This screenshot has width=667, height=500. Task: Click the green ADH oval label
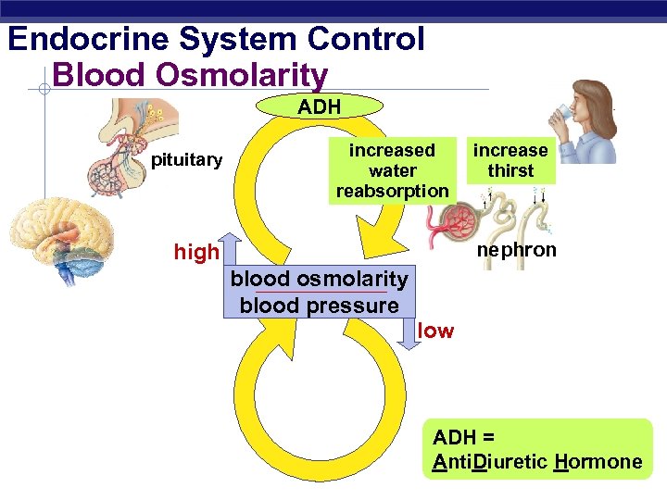click(320, 106)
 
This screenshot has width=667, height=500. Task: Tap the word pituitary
click(186, 160)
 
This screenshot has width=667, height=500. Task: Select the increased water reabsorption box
click(392, 170)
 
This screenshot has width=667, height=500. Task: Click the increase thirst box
click(510, 160)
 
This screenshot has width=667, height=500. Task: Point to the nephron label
click(516, 250)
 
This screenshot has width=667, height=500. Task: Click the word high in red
click(196, 252)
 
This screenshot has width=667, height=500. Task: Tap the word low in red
click(435, 331)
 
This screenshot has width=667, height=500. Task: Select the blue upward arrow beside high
click(232, 251)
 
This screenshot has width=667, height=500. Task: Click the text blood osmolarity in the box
click(319, 279)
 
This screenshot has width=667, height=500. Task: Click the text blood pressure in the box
click(319, 306)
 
